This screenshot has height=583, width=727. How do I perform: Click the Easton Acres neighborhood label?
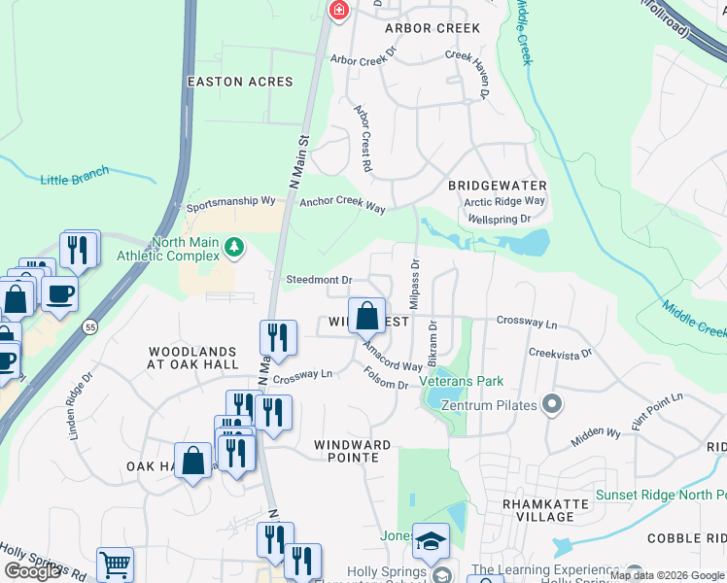click(239, 82)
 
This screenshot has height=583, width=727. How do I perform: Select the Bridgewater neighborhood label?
click(497, 185)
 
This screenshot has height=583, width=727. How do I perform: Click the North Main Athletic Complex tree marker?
click(233, 249)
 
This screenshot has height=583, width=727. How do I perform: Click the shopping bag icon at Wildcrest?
click(366, 316)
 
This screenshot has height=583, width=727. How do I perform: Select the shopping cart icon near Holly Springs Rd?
click(115, 565)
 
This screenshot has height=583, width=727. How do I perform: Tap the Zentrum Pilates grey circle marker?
click(552, 403)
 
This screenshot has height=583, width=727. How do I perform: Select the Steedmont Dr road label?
click(318, 280)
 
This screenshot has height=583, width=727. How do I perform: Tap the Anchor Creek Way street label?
click(342, 205)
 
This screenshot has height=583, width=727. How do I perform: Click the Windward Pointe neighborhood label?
click(352, 445)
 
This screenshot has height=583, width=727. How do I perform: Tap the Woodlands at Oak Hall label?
click(192, 358)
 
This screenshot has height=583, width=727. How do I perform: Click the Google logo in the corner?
click(32, 571)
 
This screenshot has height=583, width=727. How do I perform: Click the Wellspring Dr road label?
click(499, 220)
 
